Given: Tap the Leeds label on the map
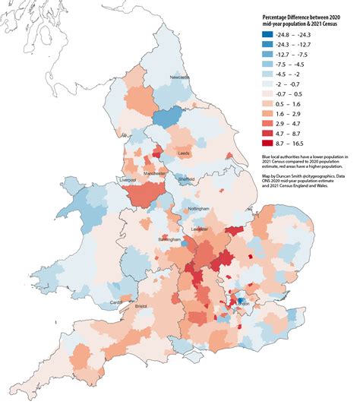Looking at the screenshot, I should click(183, 153).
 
